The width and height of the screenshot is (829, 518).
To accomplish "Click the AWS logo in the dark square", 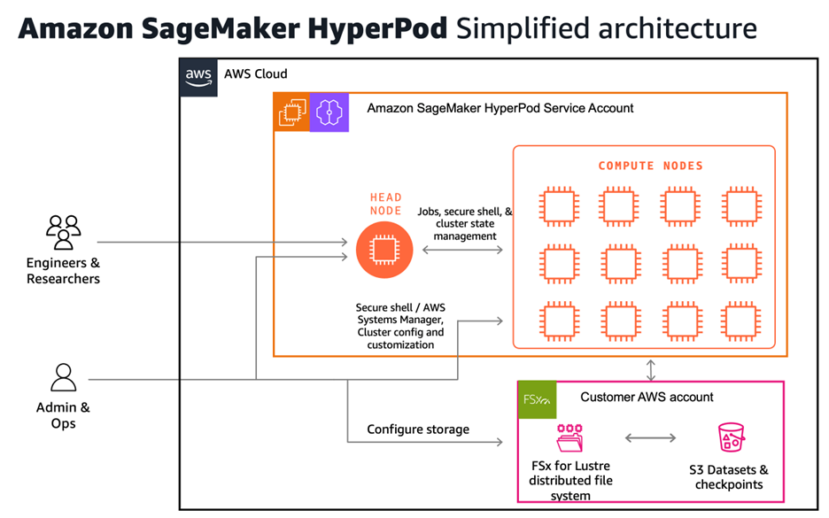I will pyautogui.click(x=198, y=76).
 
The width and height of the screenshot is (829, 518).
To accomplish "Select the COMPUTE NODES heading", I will pyautogui.click(x=650, y=166).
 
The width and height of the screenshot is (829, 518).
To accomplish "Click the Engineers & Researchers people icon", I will pyautogui.click(x=63, y=233).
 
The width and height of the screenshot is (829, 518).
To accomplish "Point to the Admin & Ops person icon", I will pyautogui.click(x=63, y=378).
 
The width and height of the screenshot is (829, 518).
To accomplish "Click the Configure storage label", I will pyautogui.click(x=418, y=429).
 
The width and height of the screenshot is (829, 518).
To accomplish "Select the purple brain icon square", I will pyautogui.click(x=329, y=113).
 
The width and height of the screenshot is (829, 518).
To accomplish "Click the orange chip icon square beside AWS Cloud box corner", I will pyautogui.click(x=291, y=113).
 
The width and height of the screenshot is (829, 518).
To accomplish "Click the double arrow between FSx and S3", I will pyautogui.click(x=652, y=437).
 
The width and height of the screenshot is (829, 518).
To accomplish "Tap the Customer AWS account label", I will pyautogui.click(x=647, y=397).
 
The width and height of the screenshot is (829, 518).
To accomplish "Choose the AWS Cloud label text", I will pyautogui.click(x=256, y=74).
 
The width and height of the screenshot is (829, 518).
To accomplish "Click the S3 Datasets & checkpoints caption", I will pyautogui.click(x=728, y=477).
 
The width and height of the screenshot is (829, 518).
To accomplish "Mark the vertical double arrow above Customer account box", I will pyautogui.click(x=652, y=369).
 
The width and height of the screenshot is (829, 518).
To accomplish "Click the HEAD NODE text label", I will pyautogui.click(x=385, y=204).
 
